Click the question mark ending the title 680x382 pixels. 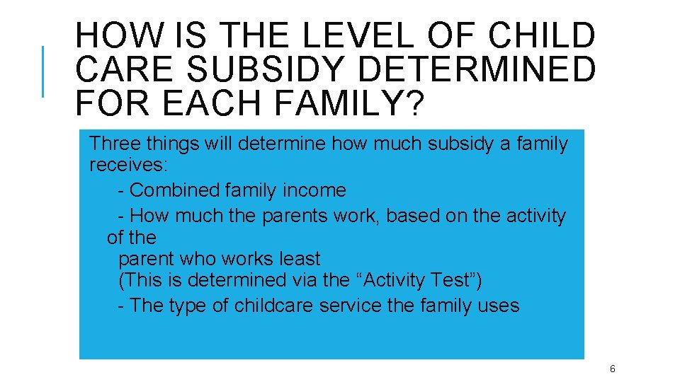click(415, 104)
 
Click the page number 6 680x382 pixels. click(612, 369)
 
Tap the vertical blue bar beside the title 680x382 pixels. click(43, 71)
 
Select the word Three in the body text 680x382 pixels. click(115, 144)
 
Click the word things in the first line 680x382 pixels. click(174, 144)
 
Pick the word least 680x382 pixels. click(297, 258)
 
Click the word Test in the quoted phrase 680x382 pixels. click(455, 280)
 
